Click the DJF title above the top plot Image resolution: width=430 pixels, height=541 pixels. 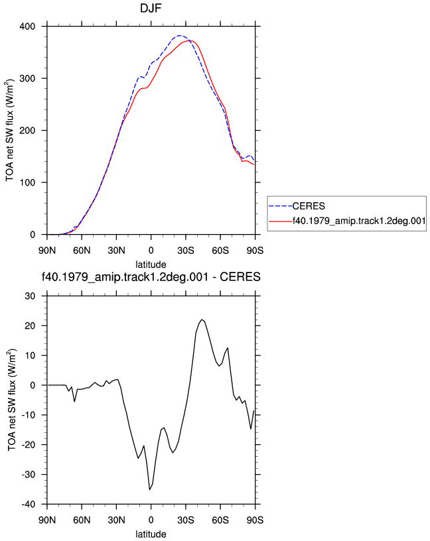coord(151,8)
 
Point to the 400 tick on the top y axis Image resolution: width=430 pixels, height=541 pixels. coord(27,27)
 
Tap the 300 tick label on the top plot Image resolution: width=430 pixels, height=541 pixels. coord(27,79)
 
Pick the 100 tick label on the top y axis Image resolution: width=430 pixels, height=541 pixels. coord(27,183)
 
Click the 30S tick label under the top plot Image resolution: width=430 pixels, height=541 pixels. coord(186,251)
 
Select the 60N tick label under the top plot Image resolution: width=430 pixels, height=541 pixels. coord(82,251)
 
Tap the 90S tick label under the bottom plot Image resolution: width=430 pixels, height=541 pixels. coord(255,520)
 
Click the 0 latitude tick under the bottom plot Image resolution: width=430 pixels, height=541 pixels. coord(151,520)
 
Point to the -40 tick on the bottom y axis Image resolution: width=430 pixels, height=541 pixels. coord(28,505)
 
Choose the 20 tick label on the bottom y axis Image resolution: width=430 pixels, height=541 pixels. coord(30,326)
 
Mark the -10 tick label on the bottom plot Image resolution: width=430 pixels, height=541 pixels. coord(28,415)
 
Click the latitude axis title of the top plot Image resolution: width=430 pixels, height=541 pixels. coord(151,265)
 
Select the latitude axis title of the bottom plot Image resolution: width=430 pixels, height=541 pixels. coord(151,534)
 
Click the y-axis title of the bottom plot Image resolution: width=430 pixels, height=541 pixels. coord(11,400)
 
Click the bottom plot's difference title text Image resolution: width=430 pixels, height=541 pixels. coord(151,277)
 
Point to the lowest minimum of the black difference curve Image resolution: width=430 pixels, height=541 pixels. coord(149,489)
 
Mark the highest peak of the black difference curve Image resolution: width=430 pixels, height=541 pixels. coord(202,320)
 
